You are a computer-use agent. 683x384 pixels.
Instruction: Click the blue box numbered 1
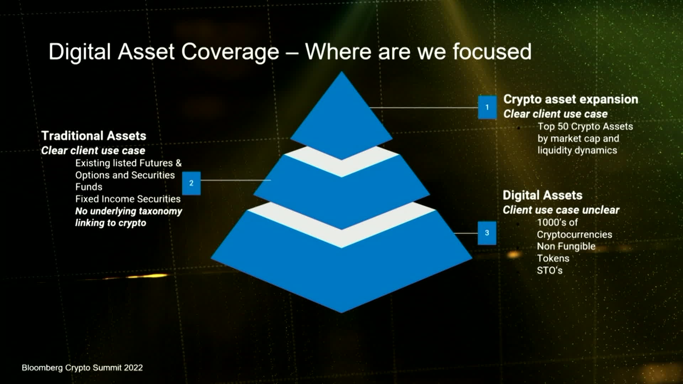click(x=487, y=107)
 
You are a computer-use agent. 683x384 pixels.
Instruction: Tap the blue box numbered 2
click(x=191, y=183)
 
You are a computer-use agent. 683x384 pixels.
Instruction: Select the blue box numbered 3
click(x=487, y=233)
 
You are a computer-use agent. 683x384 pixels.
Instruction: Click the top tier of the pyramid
click(x=341, y=117)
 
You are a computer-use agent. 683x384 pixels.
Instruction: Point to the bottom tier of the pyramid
click(x=341, y=270)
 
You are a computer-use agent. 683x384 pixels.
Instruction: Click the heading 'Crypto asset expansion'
click(x=571, y=99)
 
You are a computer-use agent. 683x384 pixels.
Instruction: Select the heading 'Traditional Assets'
click(x=94, y=135)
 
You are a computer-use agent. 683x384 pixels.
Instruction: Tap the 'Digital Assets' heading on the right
click(x=542, y=195)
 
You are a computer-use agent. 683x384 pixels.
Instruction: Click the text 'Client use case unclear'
click(x=561, y=210)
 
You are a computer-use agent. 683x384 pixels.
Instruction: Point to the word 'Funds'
click(x=89, y=187)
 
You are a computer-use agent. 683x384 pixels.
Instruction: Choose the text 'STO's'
click(x=550, y=270)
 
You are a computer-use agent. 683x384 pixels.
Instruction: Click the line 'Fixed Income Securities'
click(x=128, y=199)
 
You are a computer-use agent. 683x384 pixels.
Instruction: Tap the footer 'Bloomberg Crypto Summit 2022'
click(x=82, y=368)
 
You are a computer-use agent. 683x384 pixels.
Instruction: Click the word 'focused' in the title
click(x=492, y=52)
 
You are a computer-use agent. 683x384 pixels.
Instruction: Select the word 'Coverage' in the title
click(x=230, y=52)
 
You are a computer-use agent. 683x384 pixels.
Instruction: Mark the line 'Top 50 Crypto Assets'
click(x=585, y=126)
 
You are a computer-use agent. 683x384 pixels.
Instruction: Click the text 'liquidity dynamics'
click(x=577, y=150)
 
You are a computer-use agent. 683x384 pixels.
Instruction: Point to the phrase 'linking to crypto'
click(x=111, y=223)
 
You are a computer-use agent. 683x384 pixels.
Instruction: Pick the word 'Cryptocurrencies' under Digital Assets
click(x=575, y=235)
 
